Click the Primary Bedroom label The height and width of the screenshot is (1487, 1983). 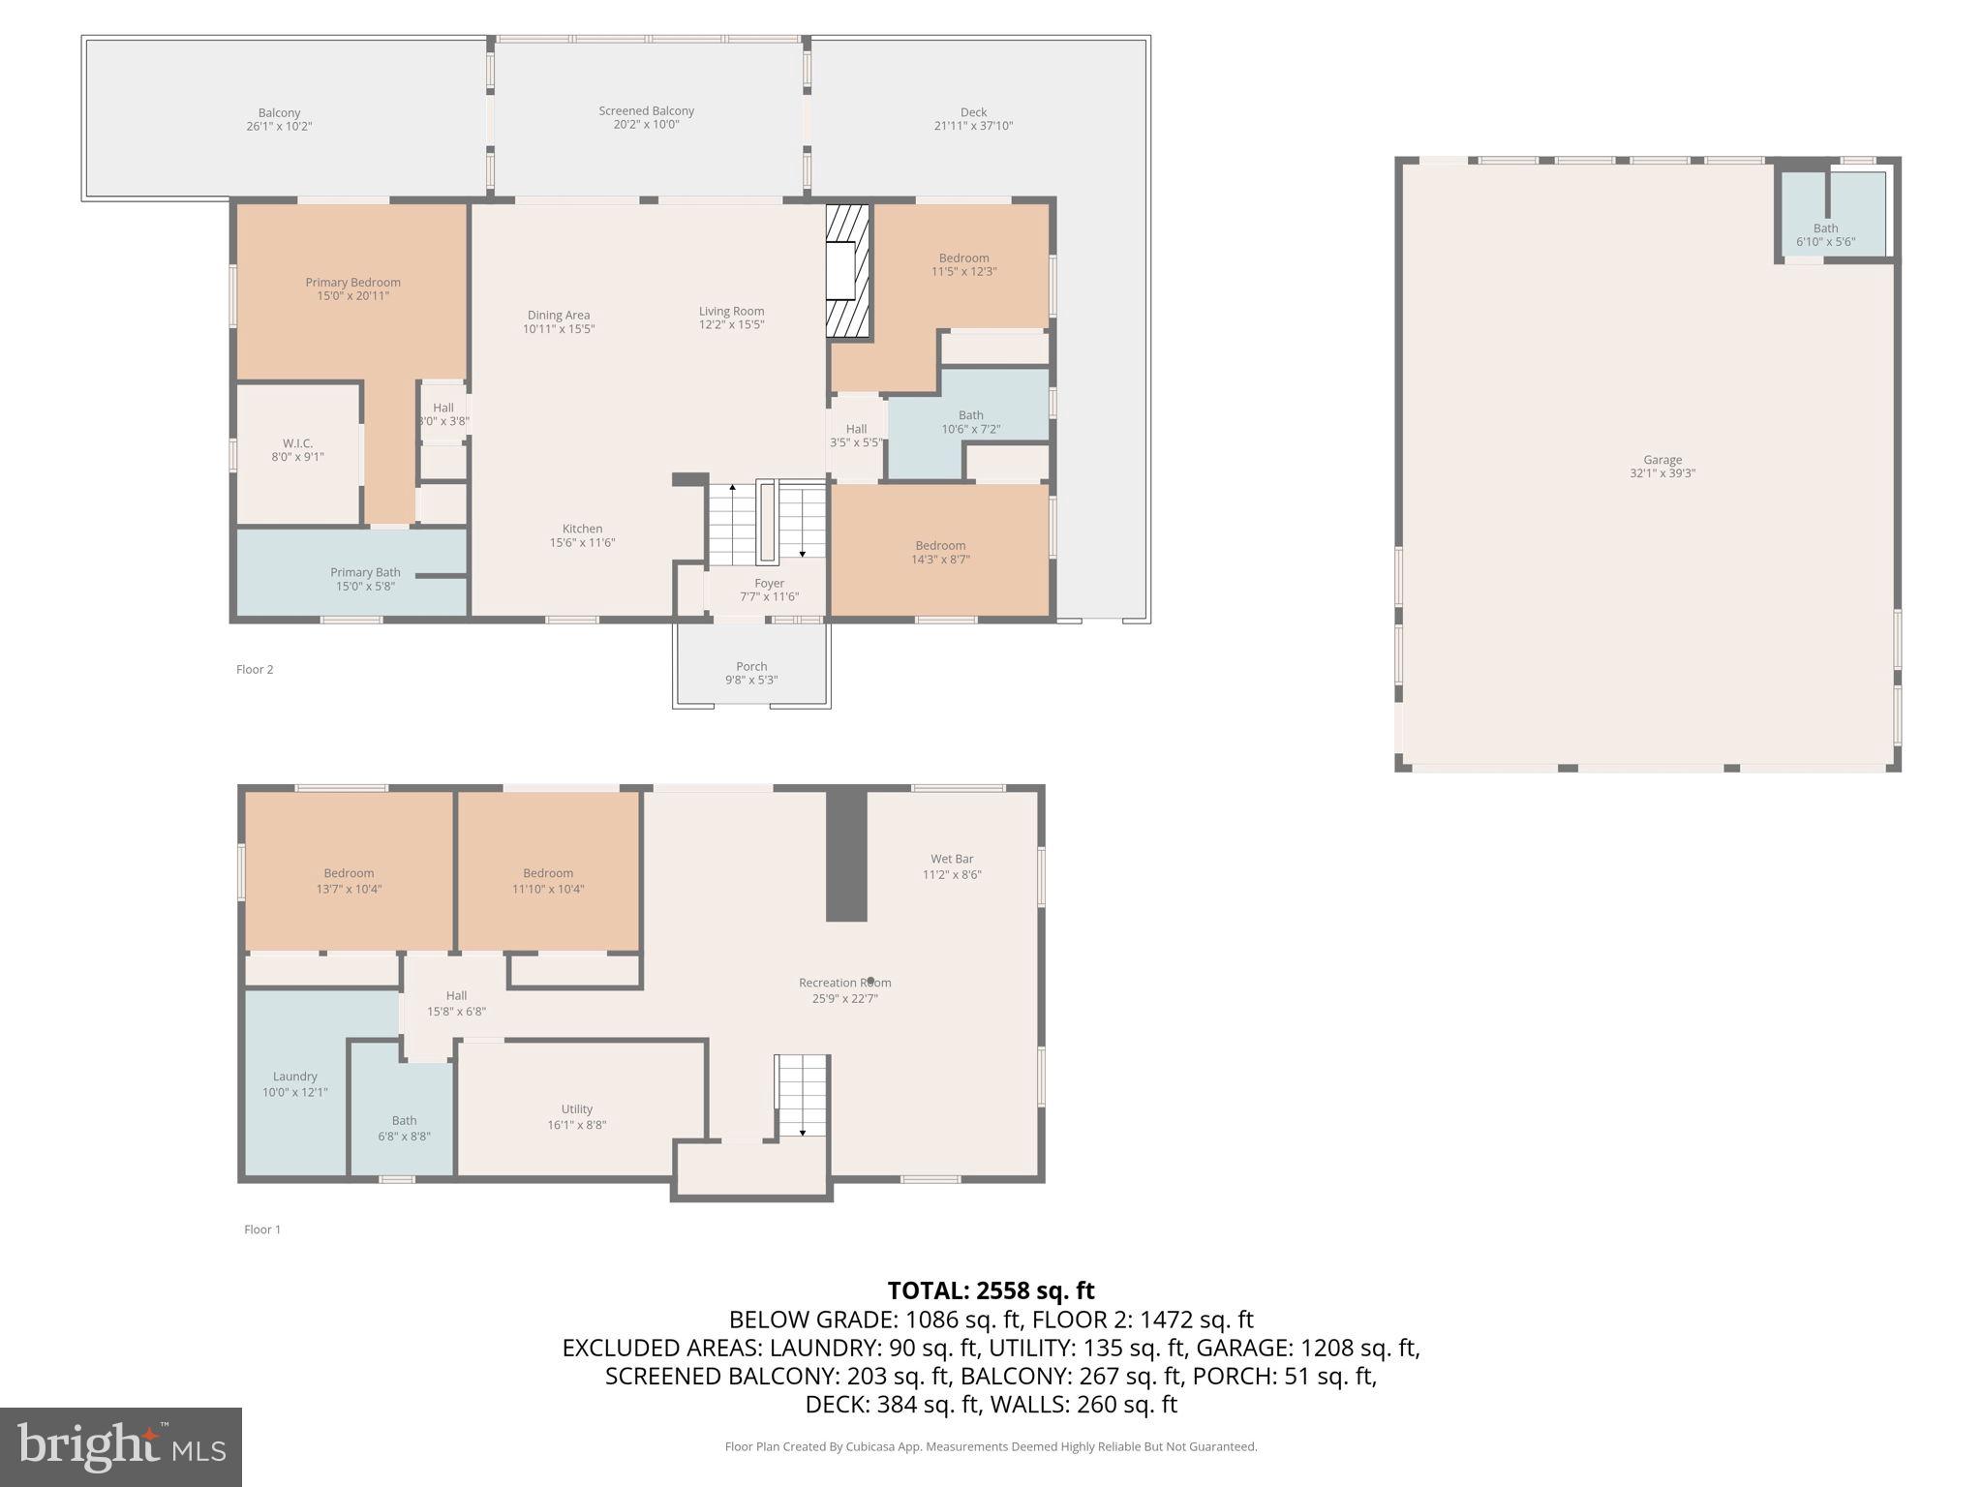[352, 283]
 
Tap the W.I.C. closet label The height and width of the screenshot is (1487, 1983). [297, 443]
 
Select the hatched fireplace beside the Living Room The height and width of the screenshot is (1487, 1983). [848, 271]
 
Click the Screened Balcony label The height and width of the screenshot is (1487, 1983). [646, 111]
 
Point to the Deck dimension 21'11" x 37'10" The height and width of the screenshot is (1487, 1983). [973, 126]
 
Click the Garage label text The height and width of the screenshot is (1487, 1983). [1662, 460]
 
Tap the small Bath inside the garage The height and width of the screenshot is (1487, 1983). [1825, 228]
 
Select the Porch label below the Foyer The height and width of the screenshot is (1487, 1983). [751, 666]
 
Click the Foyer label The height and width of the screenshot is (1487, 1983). [769, 583]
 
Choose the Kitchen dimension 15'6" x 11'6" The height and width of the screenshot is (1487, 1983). [582, 543]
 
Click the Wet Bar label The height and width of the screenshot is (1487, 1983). [952, 859]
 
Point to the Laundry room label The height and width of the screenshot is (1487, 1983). [294, 1077]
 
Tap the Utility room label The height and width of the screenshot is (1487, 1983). [576, 1109]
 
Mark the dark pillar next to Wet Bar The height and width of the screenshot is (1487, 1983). [845, 856]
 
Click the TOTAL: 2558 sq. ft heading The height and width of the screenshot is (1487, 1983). [991, 1290]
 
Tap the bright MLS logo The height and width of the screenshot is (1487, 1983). [120, 1446]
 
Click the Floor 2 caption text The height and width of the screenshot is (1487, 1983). [255, 669]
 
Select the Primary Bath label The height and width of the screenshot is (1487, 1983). [365, 572]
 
